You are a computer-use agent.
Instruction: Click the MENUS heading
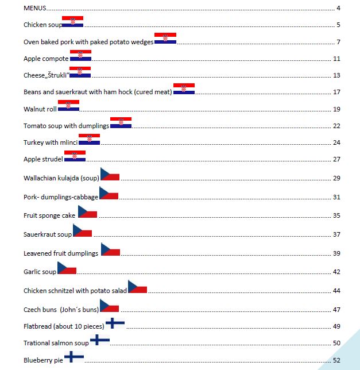[35, 8]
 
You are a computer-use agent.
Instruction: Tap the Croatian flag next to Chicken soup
[72, 22]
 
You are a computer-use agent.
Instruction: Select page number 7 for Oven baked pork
[339, 42]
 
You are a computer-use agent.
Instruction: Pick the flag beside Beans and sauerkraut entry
[184, 88]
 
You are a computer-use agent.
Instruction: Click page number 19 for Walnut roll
[336, 109]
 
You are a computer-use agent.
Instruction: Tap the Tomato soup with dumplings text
[66, 126]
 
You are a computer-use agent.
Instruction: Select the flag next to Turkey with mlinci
[89, 139]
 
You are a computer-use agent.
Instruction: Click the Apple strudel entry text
[43, 159]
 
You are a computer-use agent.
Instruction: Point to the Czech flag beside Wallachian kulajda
[110, 175]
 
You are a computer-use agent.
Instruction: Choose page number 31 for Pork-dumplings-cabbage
[336, 198]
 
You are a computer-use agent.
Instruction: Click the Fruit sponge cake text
[49, 215]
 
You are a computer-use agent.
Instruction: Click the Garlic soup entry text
[40, 272]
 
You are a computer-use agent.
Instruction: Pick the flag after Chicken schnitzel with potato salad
[137, 287]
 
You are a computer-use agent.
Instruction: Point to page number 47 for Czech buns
[336, 310]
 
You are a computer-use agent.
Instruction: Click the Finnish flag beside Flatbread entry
[115, 323]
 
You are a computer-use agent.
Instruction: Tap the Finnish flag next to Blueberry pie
[74, 357]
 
